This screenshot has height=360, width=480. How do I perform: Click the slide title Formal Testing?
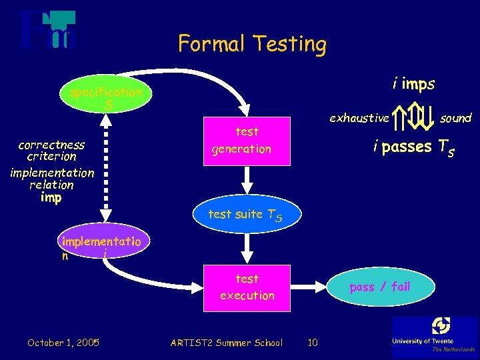pyautogui.click(x=252, y=44)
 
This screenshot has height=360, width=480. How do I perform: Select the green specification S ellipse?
pyautogui.click(x=105, y=98)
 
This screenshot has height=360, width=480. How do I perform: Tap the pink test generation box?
pyautogui.click(x=247, y=140)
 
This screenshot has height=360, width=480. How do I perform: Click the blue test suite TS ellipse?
pyautogui.click(x=246, y=214)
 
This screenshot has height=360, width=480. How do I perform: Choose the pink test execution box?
pyautogui.click(x=247, y=287)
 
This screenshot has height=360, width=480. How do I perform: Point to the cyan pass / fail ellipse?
pyautogui.click(x=380, y=287)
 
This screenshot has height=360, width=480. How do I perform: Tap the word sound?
pyautogui.click(x=456, y=118)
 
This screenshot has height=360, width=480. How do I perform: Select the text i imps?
pyautogui.click(x=413, y=84)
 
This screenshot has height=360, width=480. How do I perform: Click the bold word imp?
pyautogui.click(x=51, y=197)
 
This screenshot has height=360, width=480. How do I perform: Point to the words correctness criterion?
pyautogui.click(x=51, y=151)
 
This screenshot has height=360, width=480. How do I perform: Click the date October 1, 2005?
pyautogui.click(x=63, y=343)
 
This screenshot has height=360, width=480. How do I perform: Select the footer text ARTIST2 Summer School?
pyautogui.click(x=227, y=343)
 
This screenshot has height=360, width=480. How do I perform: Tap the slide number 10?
pyautogui.click(x=313, y=343)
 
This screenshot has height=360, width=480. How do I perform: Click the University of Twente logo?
pyautogui.click(x=434, y=336)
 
